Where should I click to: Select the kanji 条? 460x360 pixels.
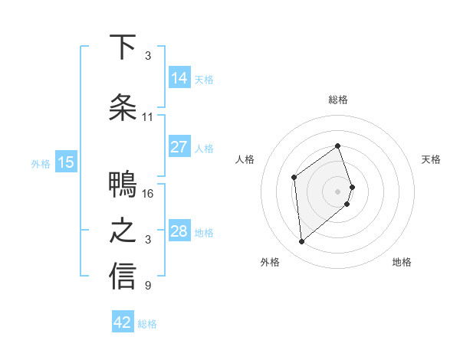coord(123,107)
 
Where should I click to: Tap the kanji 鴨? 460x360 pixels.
coord(123,185)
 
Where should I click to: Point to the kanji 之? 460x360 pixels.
coord(123,231)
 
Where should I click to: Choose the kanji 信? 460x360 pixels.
coord(123,277)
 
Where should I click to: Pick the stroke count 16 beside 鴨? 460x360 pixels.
coord(148,194)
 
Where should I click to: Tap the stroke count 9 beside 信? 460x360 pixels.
coord(147,286)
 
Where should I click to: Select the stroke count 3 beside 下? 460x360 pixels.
coord(147,56)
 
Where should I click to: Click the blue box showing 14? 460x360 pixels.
coord(179,77)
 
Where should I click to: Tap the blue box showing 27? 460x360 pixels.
coord(179,147)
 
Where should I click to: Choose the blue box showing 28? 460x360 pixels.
coord(179,231)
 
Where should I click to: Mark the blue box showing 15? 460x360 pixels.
coord(66,162)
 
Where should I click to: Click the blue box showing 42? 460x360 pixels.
coord(123,322)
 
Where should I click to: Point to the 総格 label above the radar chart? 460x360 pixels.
coord(338,100)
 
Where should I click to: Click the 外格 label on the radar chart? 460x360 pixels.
coord(270,262)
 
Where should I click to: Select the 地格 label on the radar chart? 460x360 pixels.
coord(402,262)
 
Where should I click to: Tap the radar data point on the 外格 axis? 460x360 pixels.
coord(302,242)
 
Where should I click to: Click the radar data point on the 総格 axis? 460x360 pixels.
coord(338,146)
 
